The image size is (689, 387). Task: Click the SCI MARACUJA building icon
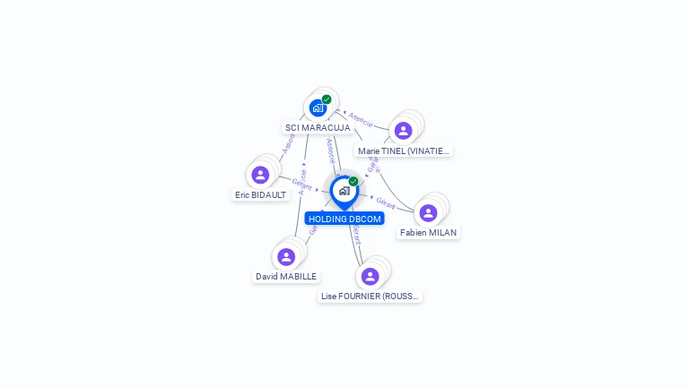(318, 108)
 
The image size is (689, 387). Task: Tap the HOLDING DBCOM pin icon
(344, 191)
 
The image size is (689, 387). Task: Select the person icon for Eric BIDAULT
(260, 175)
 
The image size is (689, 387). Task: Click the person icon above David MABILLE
(286, 257)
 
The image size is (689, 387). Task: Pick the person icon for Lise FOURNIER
(370, 276)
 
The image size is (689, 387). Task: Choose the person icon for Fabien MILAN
(428, 213)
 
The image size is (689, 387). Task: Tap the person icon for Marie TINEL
(403, 131)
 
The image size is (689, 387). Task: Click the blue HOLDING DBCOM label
(344, 219)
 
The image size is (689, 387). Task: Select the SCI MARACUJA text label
(318, 128)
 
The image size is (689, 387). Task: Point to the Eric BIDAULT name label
(260, 194)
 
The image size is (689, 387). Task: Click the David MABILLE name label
(286, 277)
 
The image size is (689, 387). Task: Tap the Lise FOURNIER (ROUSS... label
(371, 296)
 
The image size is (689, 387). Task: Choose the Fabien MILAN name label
(428, 233)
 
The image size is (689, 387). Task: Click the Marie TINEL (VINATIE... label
(403, 151)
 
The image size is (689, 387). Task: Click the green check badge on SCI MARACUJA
(327, 99)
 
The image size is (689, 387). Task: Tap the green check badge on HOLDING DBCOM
(353, 182)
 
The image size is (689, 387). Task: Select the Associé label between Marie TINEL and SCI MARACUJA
(361, 119)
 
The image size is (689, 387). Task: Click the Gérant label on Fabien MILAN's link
(386, 202)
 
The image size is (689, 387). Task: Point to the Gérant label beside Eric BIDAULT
(301, 185)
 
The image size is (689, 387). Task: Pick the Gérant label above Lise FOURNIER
(356, 235)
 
